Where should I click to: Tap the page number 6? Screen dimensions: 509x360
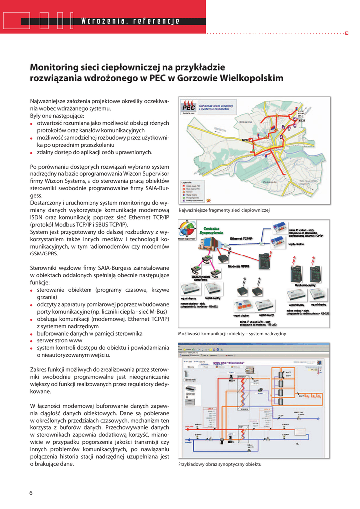pyautogui.click(x=31, y=493)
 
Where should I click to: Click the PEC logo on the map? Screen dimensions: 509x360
pyautogui.click(x=188, y=107)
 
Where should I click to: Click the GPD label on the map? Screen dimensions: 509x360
pyautogui.click(x=245, y=140)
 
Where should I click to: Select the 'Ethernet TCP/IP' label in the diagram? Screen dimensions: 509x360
pyautogui.click(x=241, y=238)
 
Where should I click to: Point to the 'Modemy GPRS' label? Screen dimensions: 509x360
pyautogui.click(x=238, y=266)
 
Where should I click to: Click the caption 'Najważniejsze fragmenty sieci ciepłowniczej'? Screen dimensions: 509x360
pyautogui.click(x=223, y=210)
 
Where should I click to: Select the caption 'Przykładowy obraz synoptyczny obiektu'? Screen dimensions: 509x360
pyautogui.click(x=219, y=464)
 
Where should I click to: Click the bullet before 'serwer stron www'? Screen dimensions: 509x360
pyautogui.click(x=32, y=341)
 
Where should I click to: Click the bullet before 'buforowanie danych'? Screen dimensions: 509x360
pyautogui.click(x=32, y=334)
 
